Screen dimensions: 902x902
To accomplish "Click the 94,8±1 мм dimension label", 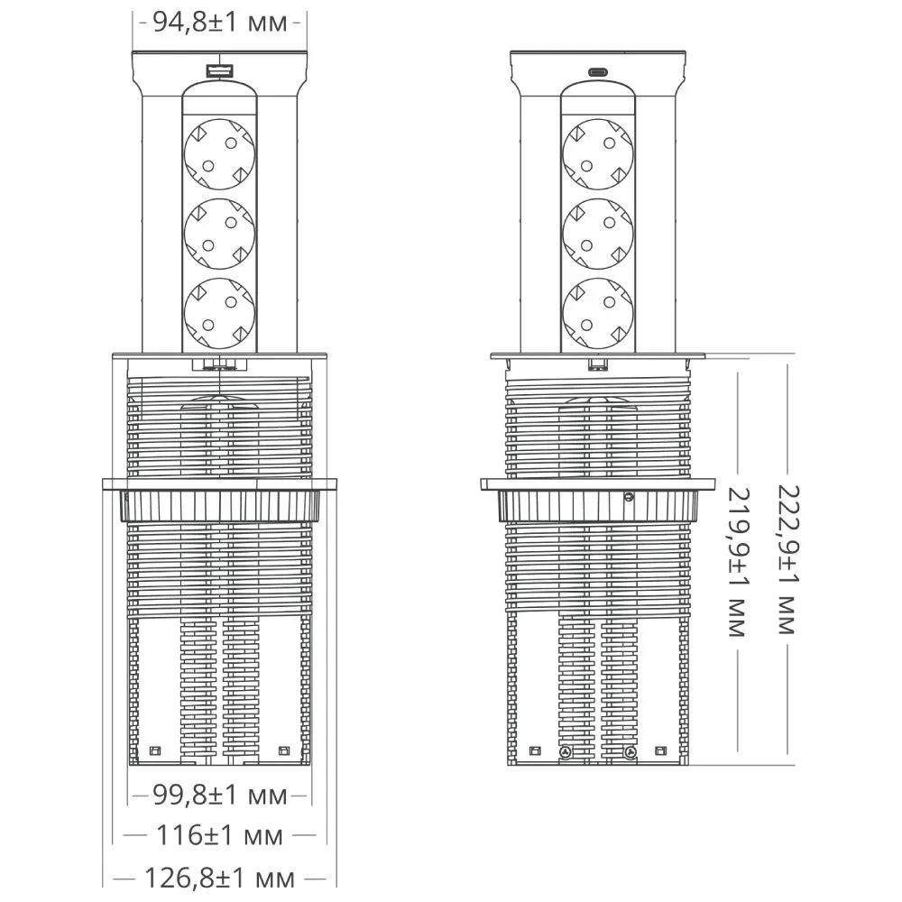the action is pos(220,23).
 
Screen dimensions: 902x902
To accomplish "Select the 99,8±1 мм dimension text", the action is pos(220,796).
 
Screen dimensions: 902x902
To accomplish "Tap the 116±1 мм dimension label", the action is pos(220,835).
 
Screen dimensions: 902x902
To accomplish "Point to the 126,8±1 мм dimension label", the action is pos(219,879).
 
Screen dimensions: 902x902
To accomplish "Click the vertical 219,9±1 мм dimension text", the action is pos(738,562).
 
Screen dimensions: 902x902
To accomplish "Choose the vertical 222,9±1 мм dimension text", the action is pos(788,560).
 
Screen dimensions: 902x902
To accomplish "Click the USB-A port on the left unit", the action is pos(220,71).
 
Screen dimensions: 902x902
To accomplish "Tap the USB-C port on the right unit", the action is pos(598,72).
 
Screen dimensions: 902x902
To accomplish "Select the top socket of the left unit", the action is pos(220,154).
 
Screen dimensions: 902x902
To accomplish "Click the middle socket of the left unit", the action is pos(220,234).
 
